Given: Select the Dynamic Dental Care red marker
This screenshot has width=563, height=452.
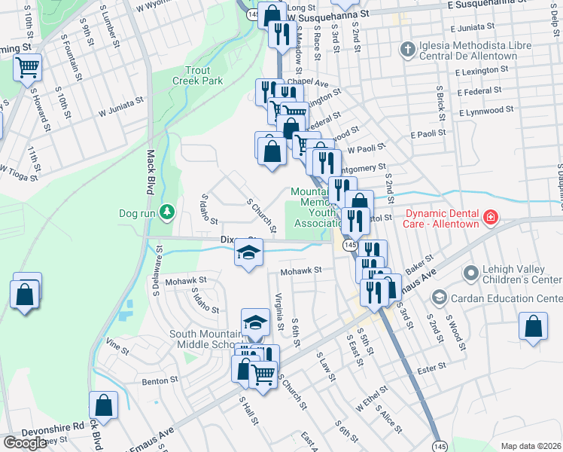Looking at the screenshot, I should tap(491, 218).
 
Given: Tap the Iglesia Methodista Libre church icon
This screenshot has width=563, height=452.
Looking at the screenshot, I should tap(407, 50).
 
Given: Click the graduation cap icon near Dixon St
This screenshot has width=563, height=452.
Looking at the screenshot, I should tap(249, 255).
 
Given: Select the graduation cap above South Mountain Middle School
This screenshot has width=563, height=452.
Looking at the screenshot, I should tap(256, 322).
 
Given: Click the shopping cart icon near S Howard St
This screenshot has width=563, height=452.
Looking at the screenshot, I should tap(28, 68).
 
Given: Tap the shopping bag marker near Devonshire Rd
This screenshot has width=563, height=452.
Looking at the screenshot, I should tap(104, 405).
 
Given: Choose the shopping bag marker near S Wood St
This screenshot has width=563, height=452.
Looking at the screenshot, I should tap(533, 327).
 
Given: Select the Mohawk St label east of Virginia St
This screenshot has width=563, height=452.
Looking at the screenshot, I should tap(301, 270).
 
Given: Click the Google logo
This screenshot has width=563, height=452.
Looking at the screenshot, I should tap(25, 443).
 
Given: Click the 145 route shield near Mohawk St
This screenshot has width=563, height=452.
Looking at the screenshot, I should tap(349, 246).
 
